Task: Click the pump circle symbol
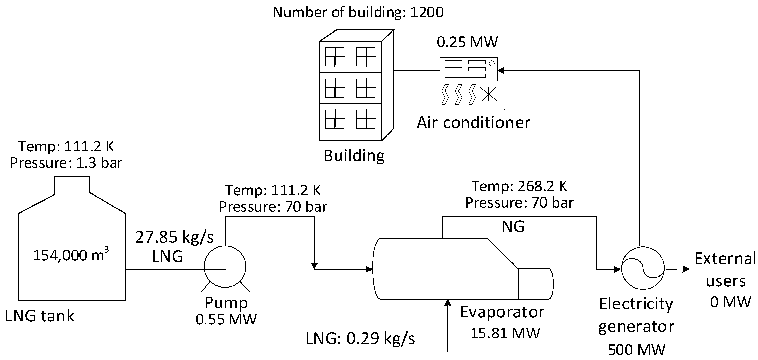pyautogui.click(x=225, y=266)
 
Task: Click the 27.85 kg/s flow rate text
pyautogui.click(x=174, y=237)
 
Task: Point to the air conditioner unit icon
pyautogui.click(x=468, y=69)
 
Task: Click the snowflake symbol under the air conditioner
pyautogui.click(x=488, y=94)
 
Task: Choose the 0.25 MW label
pyautogui.click(x=467, y=42)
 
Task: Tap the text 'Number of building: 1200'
pyautogui.click(x=358, y=12)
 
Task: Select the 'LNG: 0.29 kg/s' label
pyautogui.click(x=360, y=338)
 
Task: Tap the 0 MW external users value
pyautogui.click(x=730, y=302)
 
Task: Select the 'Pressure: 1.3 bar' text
pyautogui.click(x=66, y=163)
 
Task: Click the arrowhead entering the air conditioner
pyautogui.click(x=501, y=71)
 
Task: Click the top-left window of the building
pyautogui.click(x=334, y=57)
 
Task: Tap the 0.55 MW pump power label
pyautogui.click(x=226, y=319)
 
